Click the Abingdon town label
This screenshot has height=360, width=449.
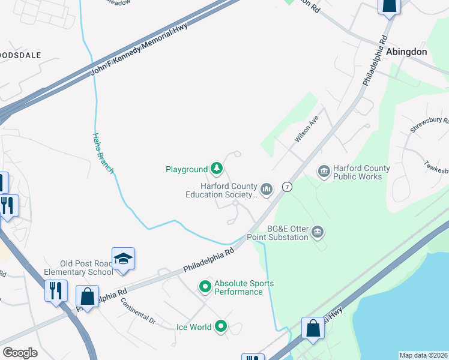(x=406, y=52)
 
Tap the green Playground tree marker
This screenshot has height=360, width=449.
(x=217, y=170)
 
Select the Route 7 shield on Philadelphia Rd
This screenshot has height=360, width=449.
(x=288, y=187)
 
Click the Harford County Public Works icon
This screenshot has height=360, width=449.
(x=324, y=173)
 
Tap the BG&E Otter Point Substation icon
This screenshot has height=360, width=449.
(x=318, y=232)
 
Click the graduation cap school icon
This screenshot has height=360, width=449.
(x=123, y=259)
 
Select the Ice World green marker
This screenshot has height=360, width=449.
(x=221, y=327)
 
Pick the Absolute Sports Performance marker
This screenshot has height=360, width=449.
(x=205, y=287)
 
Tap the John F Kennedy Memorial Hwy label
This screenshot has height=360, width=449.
(x=139, y=50)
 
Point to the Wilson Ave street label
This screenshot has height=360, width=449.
(x=306, y=130)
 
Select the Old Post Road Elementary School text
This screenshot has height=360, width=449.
(x=86, y=268)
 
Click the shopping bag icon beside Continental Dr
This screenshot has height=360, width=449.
(x=87, y=296)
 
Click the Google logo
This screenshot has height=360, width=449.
(x=20, y=353)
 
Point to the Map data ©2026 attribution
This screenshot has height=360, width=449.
(x=423, y=355)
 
